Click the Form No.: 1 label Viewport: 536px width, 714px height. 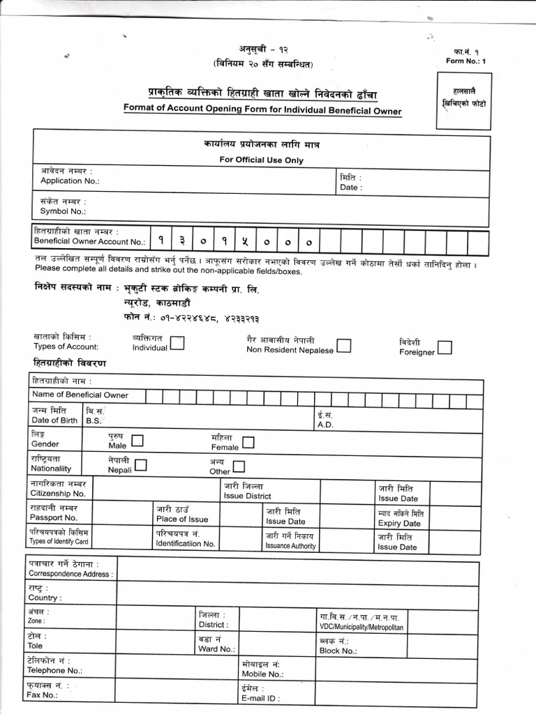click(466, 61)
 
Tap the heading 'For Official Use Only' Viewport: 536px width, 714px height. click(262, 160)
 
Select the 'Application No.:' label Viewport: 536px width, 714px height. click(70, 181)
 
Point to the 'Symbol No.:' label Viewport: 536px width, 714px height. click(63, 211)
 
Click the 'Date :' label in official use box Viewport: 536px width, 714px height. click(350, 188)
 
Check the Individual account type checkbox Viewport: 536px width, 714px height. click(177, 343)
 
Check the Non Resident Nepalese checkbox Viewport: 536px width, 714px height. click(344, 346)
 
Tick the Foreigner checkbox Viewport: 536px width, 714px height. click(445, 347)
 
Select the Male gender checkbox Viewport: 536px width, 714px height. click(137, 441)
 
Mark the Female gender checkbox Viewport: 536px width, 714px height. click(248, 443)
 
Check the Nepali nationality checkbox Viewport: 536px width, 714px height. click(141, 465)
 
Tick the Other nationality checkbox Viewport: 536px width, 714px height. click(239, 466)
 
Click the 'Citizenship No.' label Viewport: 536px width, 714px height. click(57, 493)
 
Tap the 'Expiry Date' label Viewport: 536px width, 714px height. click(399, 523)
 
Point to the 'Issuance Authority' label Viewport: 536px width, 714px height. click(290, 546)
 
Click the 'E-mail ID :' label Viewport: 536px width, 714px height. click(260, 698)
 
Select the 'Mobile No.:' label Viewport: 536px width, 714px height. click(262, 674)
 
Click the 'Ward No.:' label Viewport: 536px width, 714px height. click(216, 648)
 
